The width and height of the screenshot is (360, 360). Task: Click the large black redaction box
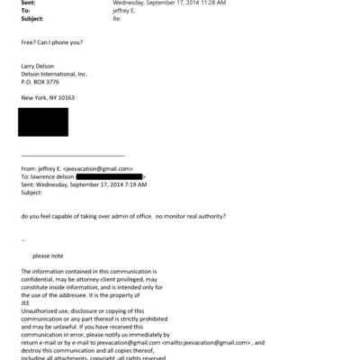44,121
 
